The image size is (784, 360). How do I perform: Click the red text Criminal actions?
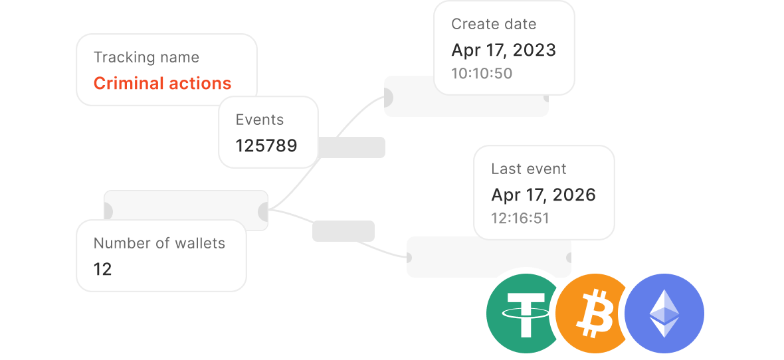pos(163,83)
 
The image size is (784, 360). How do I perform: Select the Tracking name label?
pos(146,58)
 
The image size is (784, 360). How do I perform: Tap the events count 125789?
pos(266,145)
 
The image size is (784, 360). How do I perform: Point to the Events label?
pos(260,120)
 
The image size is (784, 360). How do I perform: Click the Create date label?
pos(494,24)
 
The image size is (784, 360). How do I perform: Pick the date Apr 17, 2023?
pos(504,50)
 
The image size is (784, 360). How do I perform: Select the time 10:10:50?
pos(482,74)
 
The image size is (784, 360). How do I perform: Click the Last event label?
pos(528,169)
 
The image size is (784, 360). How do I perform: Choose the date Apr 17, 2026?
pos(543,195)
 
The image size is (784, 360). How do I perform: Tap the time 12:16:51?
pos(520,219)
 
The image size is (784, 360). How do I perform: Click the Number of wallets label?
pos(159,244)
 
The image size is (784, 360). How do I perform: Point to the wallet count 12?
pos(102,270)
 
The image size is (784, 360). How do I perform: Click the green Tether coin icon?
pos(522,314)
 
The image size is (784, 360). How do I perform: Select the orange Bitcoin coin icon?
pos(590,314)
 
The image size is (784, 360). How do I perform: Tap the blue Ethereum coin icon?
pos(664,314)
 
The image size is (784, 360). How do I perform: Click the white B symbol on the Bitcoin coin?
pos(595,314)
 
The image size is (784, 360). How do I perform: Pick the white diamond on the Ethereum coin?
pos(664,314)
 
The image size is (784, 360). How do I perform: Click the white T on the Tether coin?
pos(526,314)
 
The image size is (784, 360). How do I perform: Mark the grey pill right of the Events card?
pos(351,147)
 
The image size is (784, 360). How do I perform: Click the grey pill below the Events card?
pos(343,231)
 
